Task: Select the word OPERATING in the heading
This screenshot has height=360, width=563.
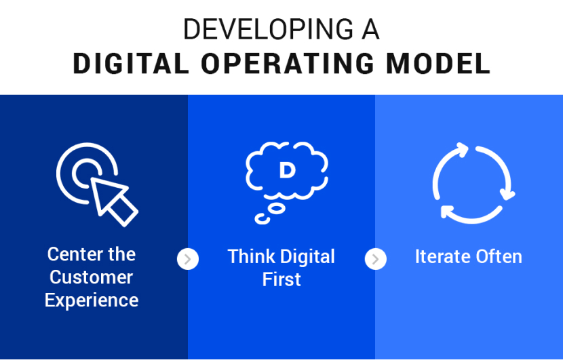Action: point(288,64)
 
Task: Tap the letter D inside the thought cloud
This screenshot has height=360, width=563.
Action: point(287,170)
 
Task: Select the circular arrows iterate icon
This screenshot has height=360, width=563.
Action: point(473,183)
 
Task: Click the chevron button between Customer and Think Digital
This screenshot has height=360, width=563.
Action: point(188,259)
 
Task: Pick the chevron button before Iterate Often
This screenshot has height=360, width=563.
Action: point(375,259)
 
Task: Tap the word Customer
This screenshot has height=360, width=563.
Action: point(91,277)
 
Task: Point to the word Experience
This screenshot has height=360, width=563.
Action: point(92,300)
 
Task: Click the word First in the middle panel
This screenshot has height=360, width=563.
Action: point(281,280)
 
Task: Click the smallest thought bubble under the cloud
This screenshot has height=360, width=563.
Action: point(259,219)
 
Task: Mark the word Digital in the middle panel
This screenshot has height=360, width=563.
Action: point(308,257)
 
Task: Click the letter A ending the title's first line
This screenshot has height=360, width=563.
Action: point(370,30)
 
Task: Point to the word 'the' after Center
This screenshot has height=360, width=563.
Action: point(123,254)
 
